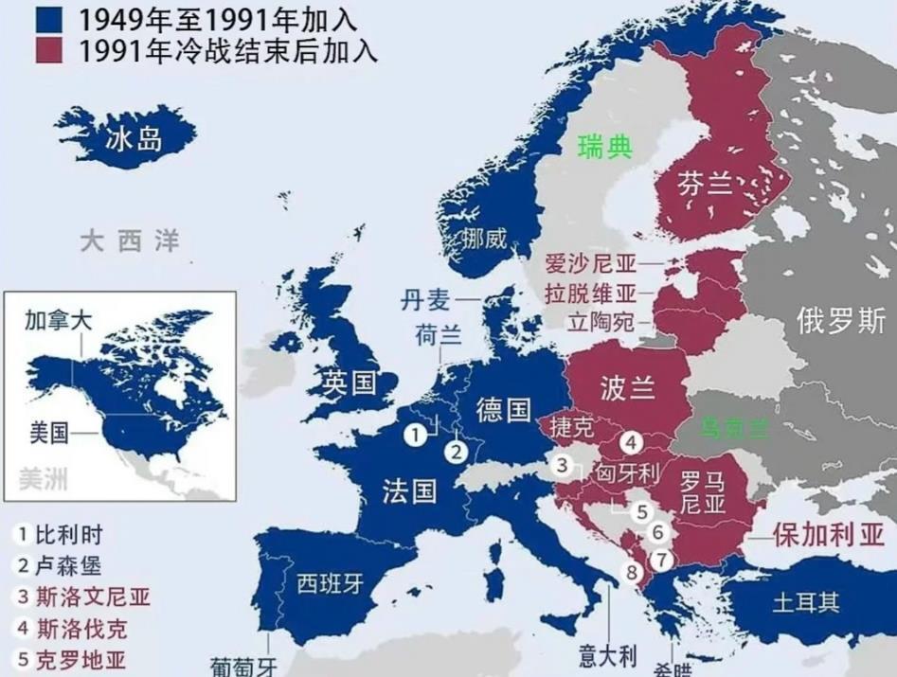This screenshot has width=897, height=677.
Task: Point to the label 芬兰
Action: [x=705, y=186]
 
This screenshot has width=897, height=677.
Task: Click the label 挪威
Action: [x=485, y=239]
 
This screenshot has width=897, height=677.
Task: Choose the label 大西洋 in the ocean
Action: [x=129, y=241]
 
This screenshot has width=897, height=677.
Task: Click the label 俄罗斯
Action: [x=841, y=320]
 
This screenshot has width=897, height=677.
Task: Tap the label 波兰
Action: [x=628, y=387]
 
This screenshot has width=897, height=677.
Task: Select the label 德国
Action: [x=503, y=409]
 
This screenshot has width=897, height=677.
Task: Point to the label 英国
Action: [x=348, y=383]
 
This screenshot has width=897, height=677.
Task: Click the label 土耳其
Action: [x=805, y=603]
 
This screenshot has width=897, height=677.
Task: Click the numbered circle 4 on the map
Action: [x=632, y=441]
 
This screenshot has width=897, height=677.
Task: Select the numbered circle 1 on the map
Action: [x=415, y=435]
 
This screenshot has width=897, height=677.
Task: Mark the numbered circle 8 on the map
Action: [x=632, y=572]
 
